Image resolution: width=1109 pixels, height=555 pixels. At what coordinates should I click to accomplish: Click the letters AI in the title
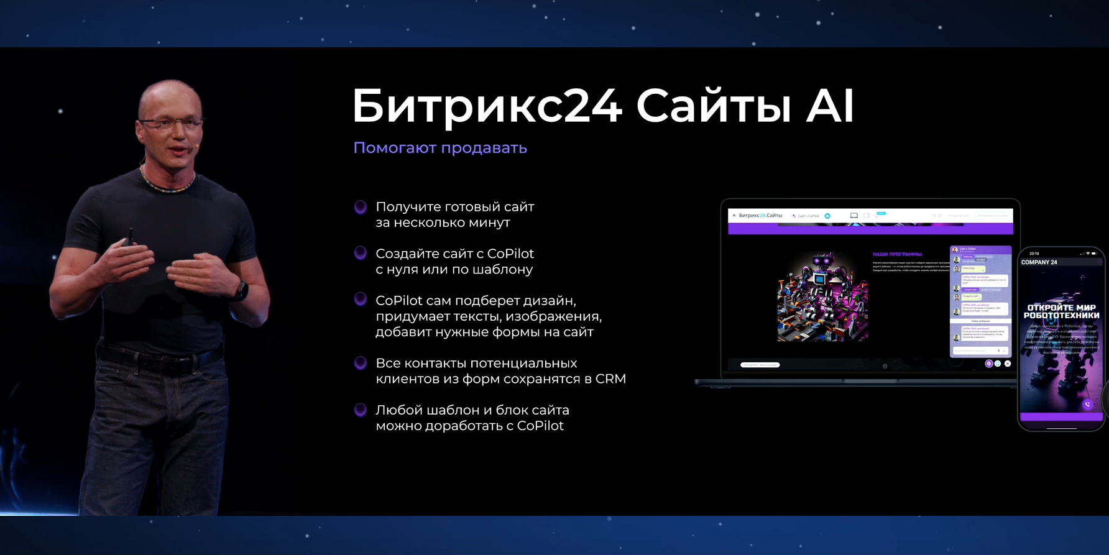coord(830,107)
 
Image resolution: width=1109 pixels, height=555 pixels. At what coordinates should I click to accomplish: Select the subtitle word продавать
coord(484,148)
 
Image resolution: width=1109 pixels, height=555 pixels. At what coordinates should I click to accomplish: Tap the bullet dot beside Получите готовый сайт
coord(361,207)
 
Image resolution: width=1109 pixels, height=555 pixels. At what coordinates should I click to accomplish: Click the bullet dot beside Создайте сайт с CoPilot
coord(361,253)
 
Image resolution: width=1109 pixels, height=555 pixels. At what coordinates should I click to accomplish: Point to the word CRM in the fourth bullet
coord(610,379)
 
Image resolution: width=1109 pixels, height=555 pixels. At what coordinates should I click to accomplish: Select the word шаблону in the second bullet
coord(505,270)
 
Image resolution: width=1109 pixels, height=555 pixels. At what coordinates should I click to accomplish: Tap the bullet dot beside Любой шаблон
coord(361,410)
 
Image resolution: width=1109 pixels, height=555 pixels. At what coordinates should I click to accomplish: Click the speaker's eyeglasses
coord(170,124)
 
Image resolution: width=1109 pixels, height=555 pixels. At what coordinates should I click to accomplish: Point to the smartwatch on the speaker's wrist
coord(241,290)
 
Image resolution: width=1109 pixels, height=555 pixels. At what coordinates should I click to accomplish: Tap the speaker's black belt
coord(159,359)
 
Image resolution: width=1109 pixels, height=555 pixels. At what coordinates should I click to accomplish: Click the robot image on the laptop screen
coord(822,297)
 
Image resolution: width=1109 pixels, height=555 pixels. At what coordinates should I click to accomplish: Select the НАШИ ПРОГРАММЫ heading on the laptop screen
coord(897,254)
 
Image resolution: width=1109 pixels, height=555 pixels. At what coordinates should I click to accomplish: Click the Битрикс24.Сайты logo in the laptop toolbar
coord(760,216)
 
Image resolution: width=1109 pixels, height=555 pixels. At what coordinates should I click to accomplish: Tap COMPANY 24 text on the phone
coord(1039,262)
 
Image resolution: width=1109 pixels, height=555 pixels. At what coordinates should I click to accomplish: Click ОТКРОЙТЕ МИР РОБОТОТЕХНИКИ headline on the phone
coord(1061,311)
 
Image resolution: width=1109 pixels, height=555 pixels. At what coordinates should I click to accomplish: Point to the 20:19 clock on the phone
coord(1034,254)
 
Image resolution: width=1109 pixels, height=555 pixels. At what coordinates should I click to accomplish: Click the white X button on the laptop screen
coord(1008,364)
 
